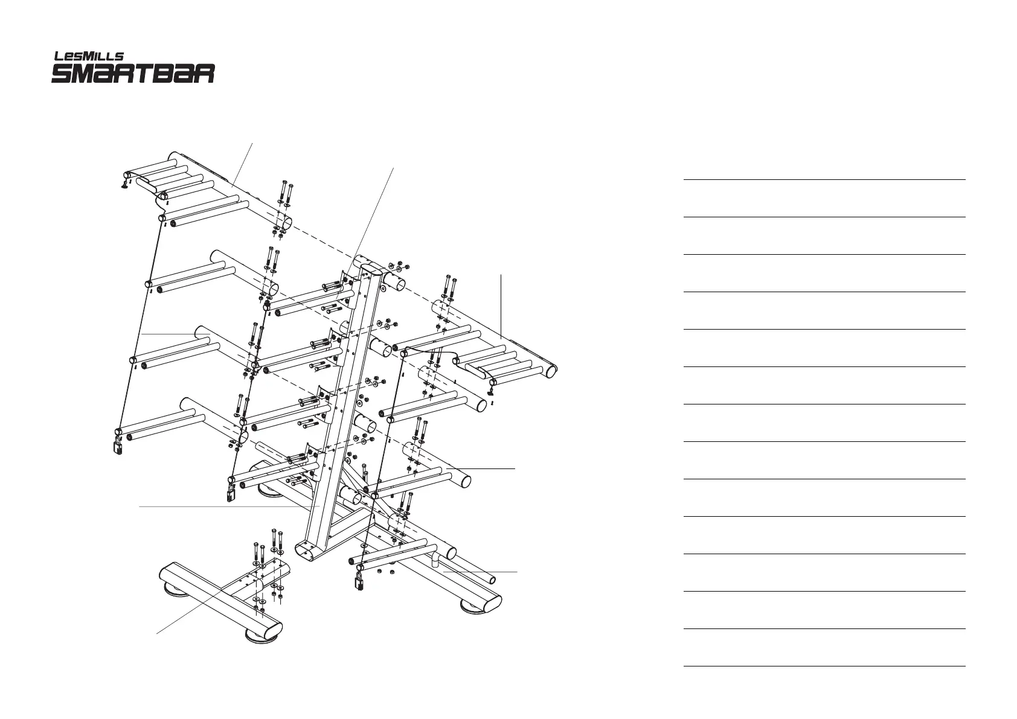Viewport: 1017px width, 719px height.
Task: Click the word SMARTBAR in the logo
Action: coord(133,74)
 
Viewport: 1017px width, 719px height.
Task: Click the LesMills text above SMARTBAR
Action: coord(89,56)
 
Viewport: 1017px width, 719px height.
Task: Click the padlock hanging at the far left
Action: coord(118,446)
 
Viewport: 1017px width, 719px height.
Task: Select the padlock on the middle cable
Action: coord(231,493)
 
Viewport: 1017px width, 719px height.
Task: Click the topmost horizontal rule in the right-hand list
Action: coord(824,179)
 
